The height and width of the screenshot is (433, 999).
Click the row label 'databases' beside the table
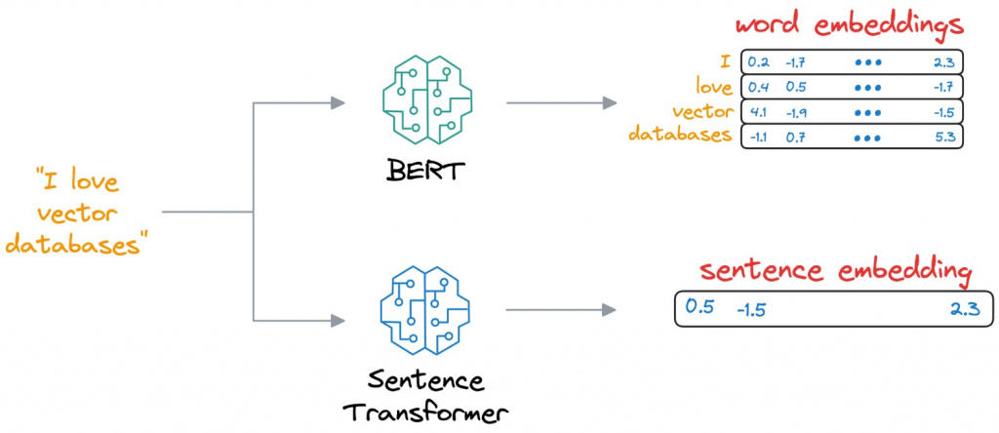681,135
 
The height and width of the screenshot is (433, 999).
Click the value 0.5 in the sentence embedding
699,306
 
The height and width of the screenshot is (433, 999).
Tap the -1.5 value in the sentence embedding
751,310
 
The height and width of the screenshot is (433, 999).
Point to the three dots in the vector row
867,111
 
